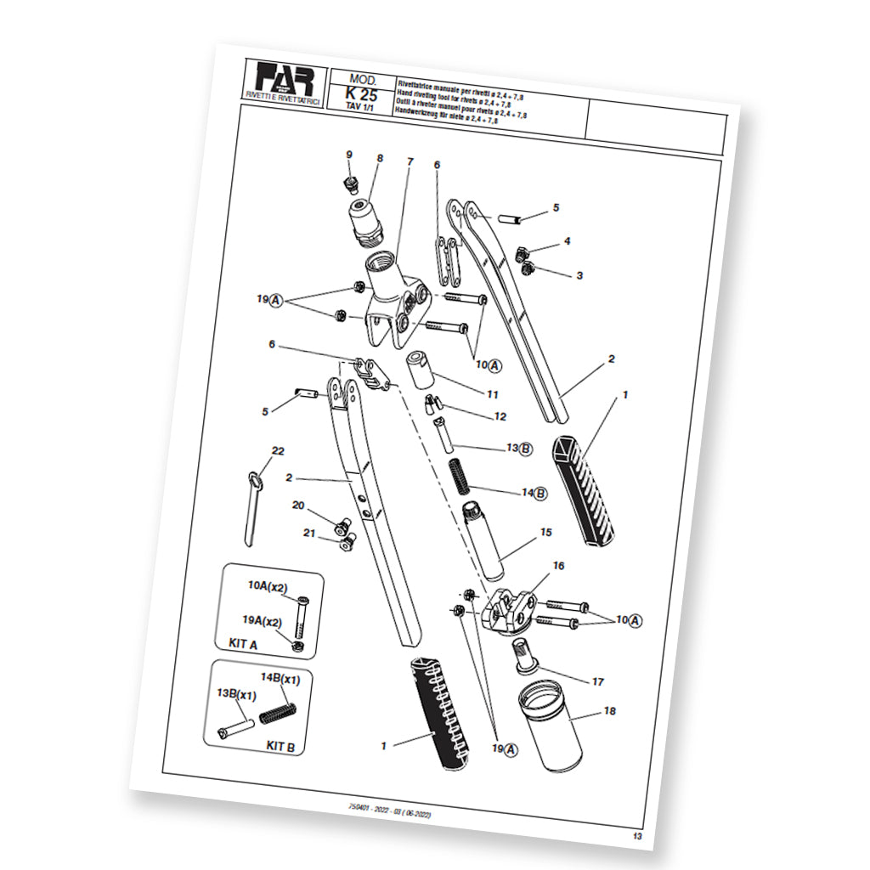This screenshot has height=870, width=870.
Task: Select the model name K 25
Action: pos(362,94)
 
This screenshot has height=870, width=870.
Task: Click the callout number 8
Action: pos(380,158)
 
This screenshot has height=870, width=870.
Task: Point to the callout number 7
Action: pos(410,161)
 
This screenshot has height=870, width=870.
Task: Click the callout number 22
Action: pos(277,450)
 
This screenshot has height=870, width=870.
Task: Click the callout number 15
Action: pos(545,533)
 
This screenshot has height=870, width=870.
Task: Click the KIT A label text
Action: pos(243,644)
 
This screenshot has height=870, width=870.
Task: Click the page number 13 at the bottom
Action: pos(637,838)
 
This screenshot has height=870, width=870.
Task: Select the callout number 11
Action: pos(492,394)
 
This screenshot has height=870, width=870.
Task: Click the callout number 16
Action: pos(558,565)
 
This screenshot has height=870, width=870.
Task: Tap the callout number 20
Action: pos(298,505)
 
